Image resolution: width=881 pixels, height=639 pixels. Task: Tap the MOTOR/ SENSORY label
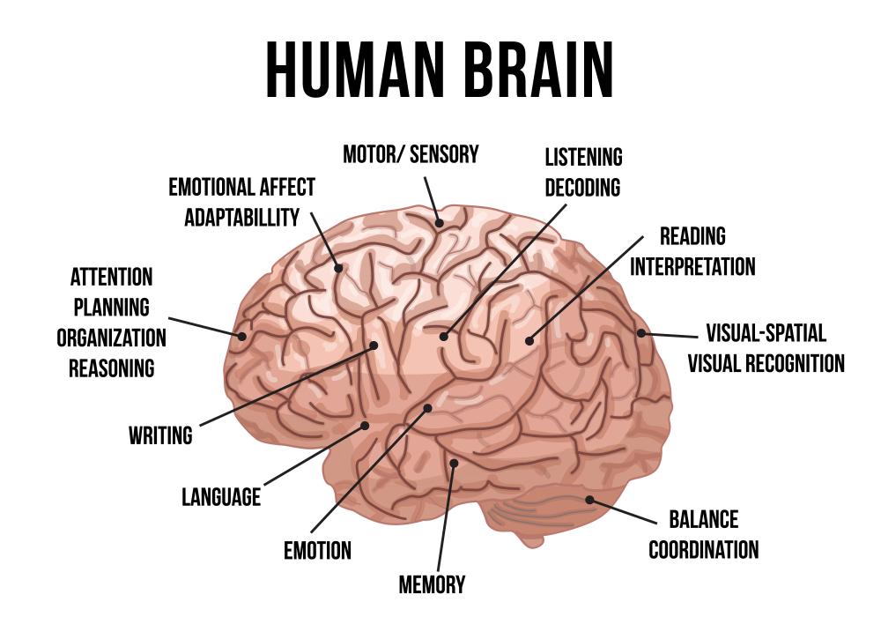click(411, 155)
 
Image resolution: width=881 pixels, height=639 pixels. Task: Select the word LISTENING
click(583, 158)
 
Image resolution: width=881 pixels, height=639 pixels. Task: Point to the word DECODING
click(582, 188)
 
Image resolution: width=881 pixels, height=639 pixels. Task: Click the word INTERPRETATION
click(692, 266)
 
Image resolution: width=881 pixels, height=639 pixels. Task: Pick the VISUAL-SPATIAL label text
click(766, 333)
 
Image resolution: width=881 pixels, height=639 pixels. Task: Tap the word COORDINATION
click(704, 550)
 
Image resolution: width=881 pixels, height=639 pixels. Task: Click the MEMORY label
click(432, 584)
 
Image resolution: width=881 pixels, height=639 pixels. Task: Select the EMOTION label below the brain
click(317, 552)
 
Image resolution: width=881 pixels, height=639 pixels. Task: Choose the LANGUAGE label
click(221, 497)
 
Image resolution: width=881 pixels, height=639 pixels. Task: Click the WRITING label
click(160, 435)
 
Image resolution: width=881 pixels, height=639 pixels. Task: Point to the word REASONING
click(112, 368)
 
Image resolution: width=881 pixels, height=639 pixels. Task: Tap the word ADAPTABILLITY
click(242, 218)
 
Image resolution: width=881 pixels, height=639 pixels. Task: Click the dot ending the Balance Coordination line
click(589, 500)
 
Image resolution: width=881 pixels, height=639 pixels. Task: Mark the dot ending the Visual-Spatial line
click(641, 333)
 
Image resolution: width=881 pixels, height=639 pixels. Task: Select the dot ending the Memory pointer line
click(454, 463)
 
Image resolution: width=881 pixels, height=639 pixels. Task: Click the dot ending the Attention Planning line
click(241, 335)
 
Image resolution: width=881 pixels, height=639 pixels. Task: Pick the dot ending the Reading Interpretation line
click(529, 339)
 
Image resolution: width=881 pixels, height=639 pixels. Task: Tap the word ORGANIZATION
click(111, 338)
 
